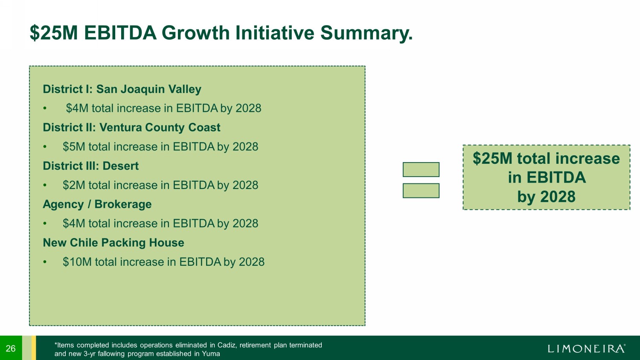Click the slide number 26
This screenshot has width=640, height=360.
(x=11, y=348)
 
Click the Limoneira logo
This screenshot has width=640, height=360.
(x=586, y=348)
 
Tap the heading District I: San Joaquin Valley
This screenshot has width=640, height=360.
(x=122, y=89)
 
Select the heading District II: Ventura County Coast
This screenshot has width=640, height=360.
(x=131, y=128)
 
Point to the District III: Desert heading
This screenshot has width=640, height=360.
(x=90, y=166)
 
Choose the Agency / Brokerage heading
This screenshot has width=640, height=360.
(x=97, y=204)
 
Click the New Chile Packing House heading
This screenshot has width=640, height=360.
(x=113, y=243)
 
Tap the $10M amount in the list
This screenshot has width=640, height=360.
(x=77, y=262)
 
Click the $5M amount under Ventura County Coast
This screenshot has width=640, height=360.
(x=74, y=147)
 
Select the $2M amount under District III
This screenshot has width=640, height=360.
(x=74, y=185)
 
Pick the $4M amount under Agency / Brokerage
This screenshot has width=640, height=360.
(x=74, y=224)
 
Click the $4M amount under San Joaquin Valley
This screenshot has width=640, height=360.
(x=77, y=108)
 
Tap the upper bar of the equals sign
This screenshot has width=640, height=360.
(x=421, y=169)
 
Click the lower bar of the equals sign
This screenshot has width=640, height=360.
(x=421, y=191)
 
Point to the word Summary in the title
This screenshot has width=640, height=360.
(x=367, y=34)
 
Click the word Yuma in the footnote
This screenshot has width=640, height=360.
(x=211, y=354)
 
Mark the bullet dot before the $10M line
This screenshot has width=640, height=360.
(x=44, y=262)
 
